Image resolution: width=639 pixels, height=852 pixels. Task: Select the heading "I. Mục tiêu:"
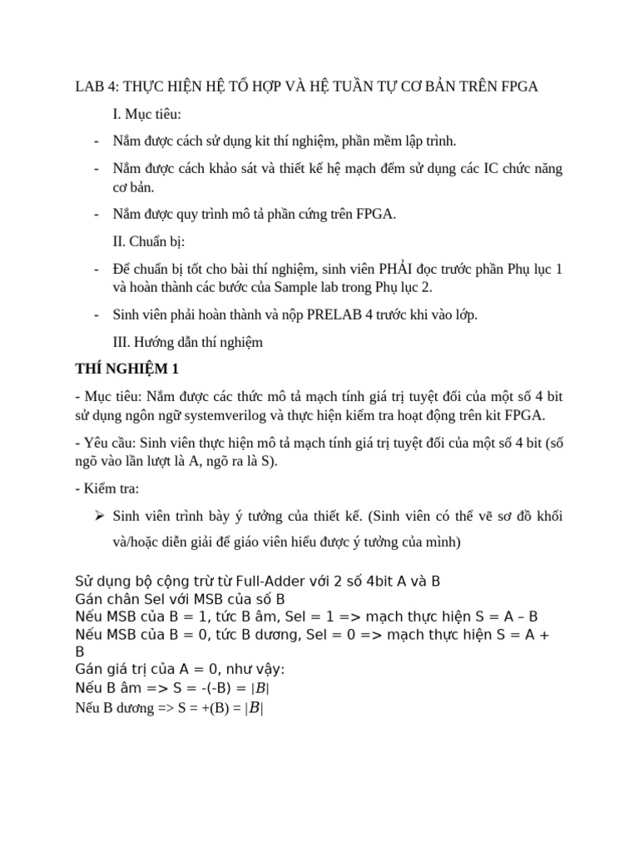[146, 114]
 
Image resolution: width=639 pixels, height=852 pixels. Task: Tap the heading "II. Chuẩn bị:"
[149, 241]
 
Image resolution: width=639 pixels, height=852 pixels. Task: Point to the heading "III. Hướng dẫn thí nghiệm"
[187, 342]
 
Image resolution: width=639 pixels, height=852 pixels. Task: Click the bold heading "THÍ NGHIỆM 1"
[126, 369]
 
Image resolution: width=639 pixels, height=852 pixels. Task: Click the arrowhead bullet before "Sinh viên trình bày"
[98, 517]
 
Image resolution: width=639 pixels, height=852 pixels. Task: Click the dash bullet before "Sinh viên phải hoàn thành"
[97, 315]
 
